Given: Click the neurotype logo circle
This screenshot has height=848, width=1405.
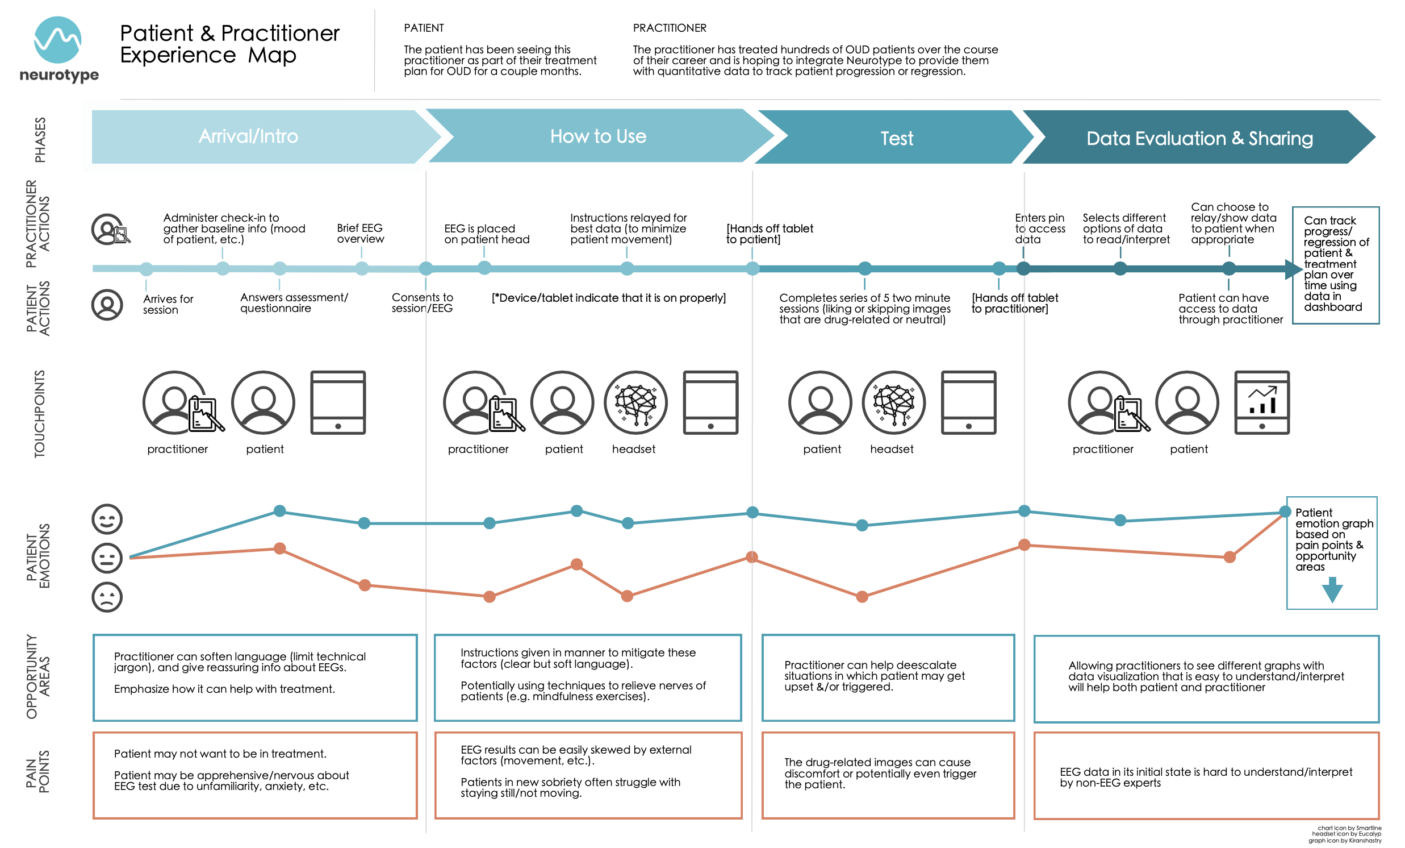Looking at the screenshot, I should (57, 40).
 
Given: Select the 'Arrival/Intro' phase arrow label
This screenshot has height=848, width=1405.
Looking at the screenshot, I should (249, 136).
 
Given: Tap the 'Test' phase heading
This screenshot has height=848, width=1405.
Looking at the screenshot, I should (896, 139).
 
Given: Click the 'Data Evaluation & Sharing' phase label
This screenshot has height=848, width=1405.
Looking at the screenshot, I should (1199, 139).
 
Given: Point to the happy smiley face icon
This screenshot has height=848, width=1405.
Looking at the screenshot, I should (107, 519).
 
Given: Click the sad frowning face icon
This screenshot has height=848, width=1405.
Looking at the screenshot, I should (107, 597).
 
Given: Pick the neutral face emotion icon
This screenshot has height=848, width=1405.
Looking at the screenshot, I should (107, 558).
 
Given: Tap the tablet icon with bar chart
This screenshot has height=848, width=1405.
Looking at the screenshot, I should (1261, 403).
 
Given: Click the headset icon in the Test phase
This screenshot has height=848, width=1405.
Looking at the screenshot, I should (893, 403).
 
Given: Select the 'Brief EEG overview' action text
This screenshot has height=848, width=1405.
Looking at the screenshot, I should (360, 234).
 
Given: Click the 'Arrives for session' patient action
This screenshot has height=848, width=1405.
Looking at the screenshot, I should (168, 304).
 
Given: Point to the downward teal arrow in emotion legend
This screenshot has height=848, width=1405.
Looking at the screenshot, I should (1332, 590).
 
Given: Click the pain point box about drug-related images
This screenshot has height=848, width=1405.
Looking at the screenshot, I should (888, 775).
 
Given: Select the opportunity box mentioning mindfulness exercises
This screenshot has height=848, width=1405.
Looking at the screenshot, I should (587, 677).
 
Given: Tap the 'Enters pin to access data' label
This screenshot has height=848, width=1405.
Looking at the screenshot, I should (1039, 228).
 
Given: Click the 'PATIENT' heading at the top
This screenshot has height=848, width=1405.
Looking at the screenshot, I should (424, 28).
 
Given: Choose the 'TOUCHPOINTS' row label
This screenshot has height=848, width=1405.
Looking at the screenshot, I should (39, 414).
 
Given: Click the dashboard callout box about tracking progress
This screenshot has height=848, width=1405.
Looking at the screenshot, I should (1335, 265).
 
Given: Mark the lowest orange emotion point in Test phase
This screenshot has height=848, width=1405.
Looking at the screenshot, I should (862, 597).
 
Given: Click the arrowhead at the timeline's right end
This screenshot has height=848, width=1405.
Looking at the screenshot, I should (1293, 269).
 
